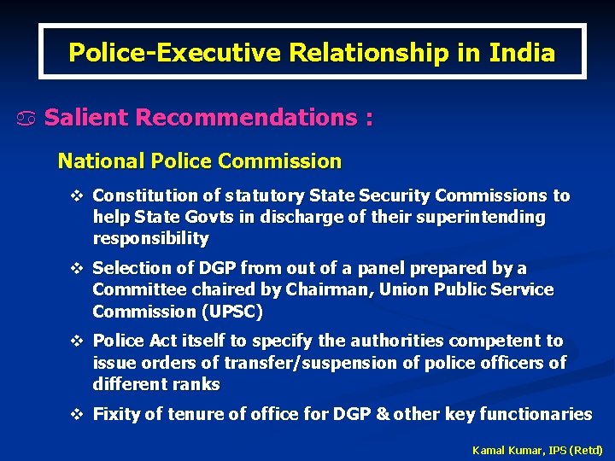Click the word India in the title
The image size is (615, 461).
[522, 53]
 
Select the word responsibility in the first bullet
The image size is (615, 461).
[150, 238]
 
